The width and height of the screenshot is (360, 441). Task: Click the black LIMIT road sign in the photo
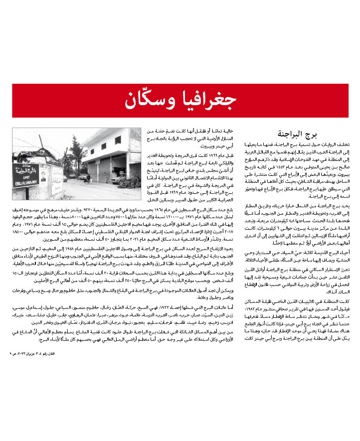(x=25, y=172)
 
